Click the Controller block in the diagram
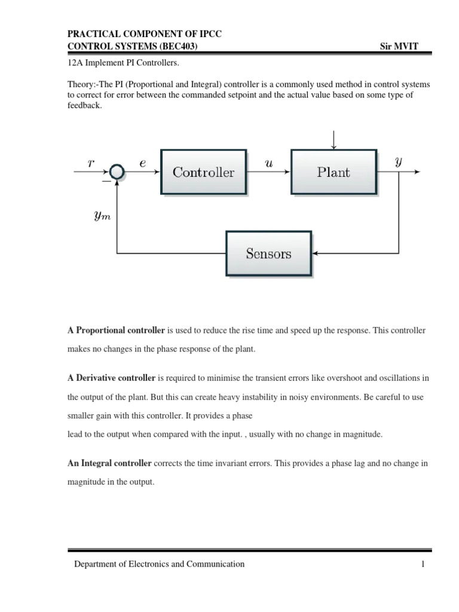(203, 172)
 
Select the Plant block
(333, 172)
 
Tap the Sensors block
(268, 253)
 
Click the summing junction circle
(117, 172)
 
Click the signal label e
(142, 162)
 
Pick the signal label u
(268, 162)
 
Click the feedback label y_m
(103, 216)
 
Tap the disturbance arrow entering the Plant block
(333, 139)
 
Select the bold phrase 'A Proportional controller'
(116, 330)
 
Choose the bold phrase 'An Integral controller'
(110, 463)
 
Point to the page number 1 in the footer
(423, 564)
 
